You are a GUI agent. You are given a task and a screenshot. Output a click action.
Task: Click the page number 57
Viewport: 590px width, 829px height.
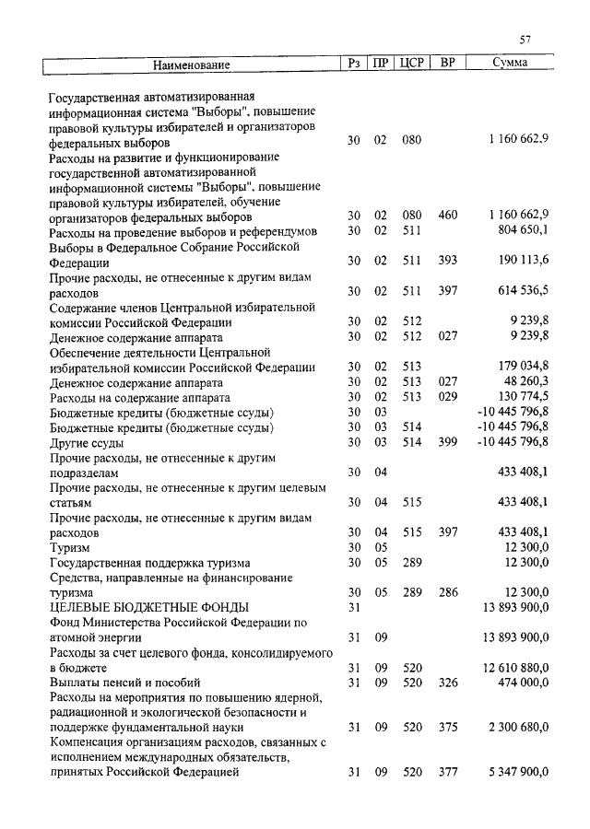pyautogui.click(x=525, y=39)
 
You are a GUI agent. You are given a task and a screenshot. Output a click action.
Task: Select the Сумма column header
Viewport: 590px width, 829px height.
pyautogui.click(x=510, y=64)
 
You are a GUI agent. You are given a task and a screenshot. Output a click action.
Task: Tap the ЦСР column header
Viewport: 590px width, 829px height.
pyautogui.click(x=411, y=64)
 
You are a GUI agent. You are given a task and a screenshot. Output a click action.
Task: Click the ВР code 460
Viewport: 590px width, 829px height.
pyautogui.click(x=448, y=216)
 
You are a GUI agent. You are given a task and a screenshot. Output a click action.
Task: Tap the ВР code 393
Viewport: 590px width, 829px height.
pyautogui.click(x=448, y=261)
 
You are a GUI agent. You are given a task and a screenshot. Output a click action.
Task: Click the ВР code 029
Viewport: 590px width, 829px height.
pyautogui.click(x=448, y=396)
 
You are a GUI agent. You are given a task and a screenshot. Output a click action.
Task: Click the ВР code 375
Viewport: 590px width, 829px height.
pyautogui.click(x=448, y=728)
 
